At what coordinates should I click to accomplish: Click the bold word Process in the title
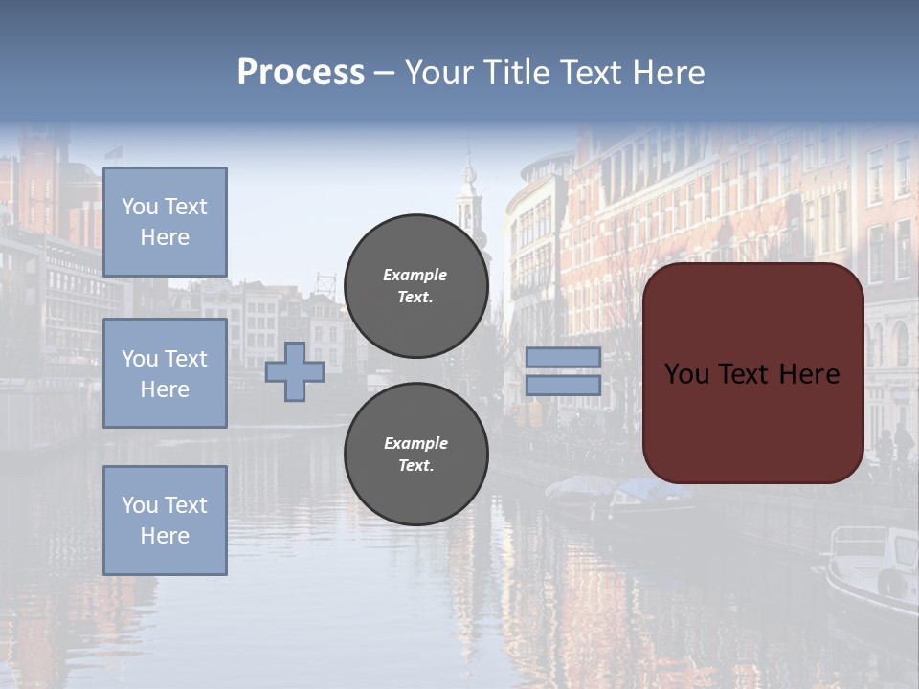point(301,73)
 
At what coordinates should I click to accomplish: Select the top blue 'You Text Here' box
point(165,222)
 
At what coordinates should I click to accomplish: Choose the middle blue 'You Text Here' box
point(165,373)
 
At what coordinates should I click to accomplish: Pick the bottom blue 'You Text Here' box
point(165,521)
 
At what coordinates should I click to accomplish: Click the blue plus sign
point(295,371)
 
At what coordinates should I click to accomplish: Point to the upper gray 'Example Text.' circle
point(416,286)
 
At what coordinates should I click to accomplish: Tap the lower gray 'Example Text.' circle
point(416,455)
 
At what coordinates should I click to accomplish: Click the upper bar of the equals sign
point(564,357)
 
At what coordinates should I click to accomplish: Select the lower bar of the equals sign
point(564,386)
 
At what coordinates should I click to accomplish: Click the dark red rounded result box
point(752,421)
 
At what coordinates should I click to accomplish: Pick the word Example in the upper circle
point(415,275)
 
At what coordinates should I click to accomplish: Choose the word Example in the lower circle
point(415,443)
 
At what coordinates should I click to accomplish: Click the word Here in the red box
point(810,374)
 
